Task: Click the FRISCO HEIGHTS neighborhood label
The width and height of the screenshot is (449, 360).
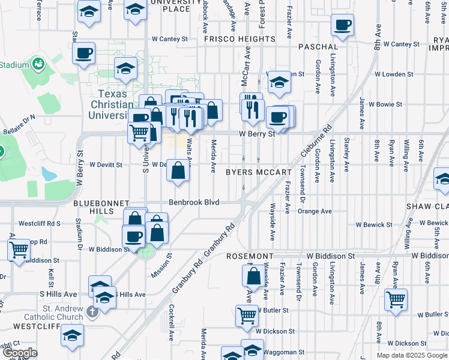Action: [240, 39]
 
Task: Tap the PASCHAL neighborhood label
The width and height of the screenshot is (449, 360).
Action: [317, 46]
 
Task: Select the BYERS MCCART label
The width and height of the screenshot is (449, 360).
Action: [258, 172]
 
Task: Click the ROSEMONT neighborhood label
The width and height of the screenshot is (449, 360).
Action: [250, 256]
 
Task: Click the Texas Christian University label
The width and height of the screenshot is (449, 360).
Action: [112, 104]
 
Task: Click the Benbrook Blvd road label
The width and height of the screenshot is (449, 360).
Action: [193, 202]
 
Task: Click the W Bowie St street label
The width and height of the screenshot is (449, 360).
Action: [385, 104]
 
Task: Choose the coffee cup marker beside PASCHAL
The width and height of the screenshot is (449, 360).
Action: [343, 25]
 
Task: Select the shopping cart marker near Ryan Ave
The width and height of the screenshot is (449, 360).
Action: [396, 299]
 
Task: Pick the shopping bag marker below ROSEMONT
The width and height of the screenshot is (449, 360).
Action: [252, 277]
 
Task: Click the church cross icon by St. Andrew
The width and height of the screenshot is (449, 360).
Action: [91, 311]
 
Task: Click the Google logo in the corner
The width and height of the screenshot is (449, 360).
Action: [19, 353]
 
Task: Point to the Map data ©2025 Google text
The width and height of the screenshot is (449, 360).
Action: [412, 355]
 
